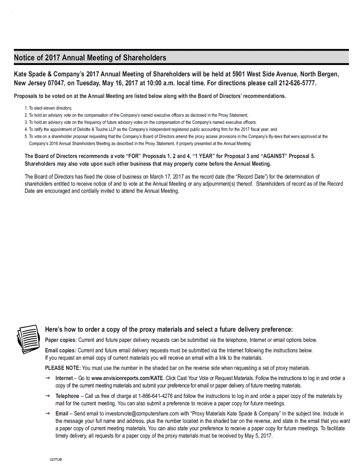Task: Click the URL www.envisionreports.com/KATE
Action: tap(127, 378)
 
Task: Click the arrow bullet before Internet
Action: tap(47, 378)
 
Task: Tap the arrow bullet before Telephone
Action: tap(47, 396)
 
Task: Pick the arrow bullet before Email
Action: tap(47, 414)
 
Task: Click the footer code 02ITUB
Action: tap(56, 460)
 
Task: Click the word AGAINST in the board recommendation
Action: tap(274, 156)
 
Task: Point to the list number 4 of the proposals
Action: tap(26, 130)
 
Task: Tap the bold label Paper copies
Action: tap(60, 340)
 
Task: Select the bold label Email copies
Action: tap(60, 350)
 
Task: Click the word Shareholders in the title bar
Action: tap(145, 58)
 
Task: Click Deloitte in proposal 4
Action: tap(84, 130)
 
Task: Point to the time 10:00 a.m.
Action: tap(161, 83)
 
